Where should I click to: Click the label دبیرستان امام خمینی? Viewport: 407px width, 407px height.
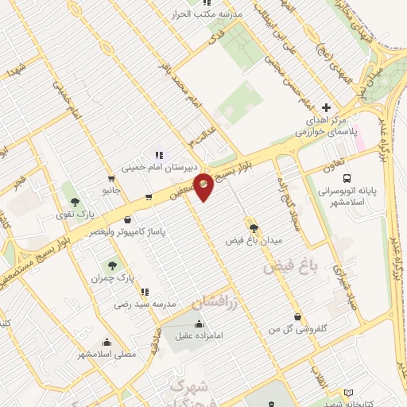coord(158,168)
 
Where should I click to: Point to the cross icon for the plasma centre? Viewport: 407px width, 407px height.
coord(325,107)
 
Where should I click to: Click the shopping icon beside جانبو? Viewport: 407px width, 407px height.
coord(149,196)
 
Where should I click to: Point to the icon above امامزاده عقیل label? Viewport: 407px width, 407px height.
coord(199,324)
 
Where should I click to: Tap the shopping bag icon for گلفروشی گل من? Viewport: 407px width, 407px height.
coord(297,317)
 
